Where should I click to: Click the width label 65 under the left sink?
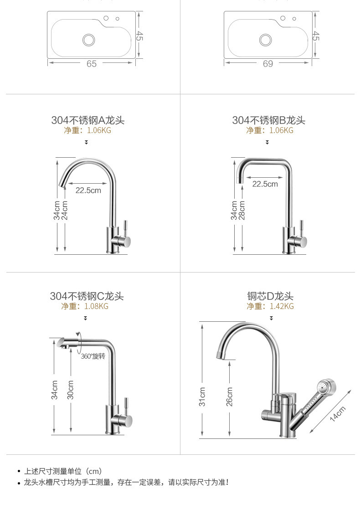[92, 64]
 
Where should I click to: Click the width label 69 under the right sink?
[268, 64]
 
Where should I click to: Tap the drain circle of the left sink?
[88, 40]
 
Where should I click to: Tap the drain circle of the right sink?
[265, 40]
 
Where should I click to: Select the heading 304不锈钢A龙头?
[88, 120]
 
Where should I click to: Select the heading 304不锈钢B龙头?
[269, 120]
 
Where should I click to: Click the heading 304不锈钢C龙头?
[87, 296]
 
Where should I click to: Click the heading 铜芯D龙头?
[270, 296]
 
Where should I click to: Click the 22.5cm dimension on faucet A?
[88, 190]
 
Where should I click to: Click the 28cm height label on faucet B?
[242, 210]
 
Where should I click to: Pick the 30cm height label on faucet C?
[71, 390]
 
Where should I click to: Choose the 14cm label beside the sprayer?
[338, 413]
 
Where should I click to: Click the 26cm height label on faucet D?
[229, 397]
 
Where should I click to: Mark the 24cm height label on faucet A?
[65, 210]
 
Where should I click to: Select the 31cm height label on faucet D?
[203, 397]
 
